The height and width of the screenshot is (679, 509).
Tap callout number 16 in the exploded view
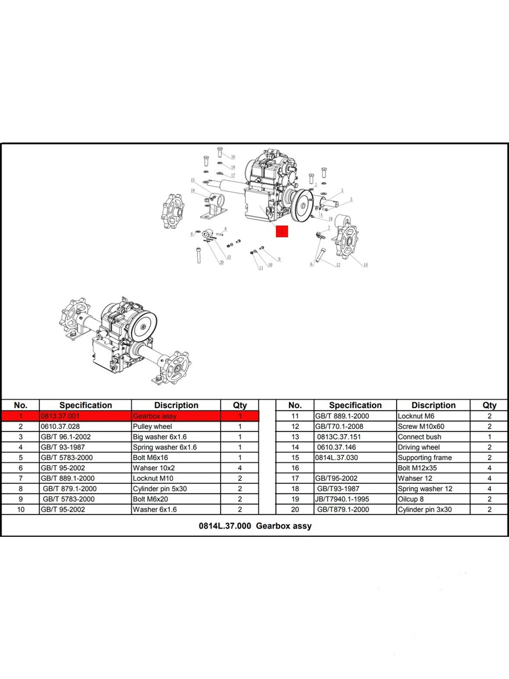[x=233, y=157]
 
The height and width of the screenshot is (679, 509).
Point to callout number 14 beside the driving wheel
[x=365, y=265]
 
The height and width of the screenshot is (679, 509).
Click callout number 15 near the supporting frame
[x=193, y=180]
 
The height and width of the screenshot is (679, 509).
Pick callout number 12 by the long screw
[x=338, y=265]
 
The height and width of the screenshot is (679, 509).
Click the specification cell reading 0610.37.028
[x=60, y=426]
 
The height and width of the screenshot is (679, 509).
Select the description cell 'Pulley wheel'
[x=152, y=426]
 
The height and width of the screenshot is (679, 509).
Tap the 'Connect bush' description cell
[x=419, y=437]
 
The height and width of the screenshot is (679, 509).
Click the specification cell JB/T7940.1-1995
[x=342, y=499]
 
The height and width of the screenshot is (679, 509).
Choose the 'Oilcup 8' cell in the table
[x=410, y=499]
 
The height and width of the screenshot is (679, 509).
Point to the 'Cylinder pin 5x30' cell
[x=160, y=489]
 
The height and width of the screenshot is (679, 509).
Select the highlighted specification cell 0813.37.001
[x=60, y=416]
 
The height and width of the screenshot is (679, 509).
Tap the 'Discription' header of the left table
[x=176, y=405]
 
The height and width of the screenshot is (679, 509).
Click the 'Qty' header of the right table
[x=489, y=405]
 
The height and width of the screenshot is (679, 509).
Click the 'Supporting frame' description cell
[x=424, y=458]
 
